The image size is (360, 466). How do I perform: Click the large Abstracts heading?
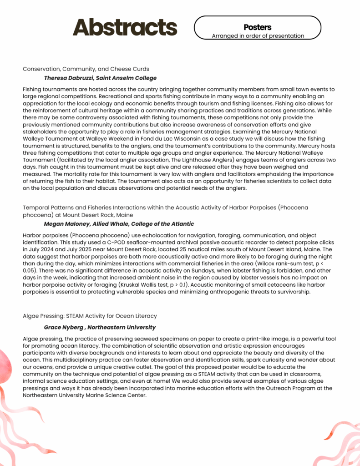pos(125,27)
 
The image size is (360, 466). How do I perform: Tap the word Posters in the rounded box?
pos(257,27)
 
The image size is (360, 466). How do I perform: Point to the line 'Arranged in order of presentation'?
pos(258,36)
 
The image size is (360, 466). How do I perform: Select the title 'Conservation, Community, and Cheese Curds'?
pos(86,69)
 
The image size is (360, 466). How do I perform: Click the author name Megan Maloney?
pos(63,224)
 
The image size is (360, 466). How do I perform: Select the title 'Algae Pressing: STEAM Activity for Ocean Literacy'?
pos(90,315)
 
